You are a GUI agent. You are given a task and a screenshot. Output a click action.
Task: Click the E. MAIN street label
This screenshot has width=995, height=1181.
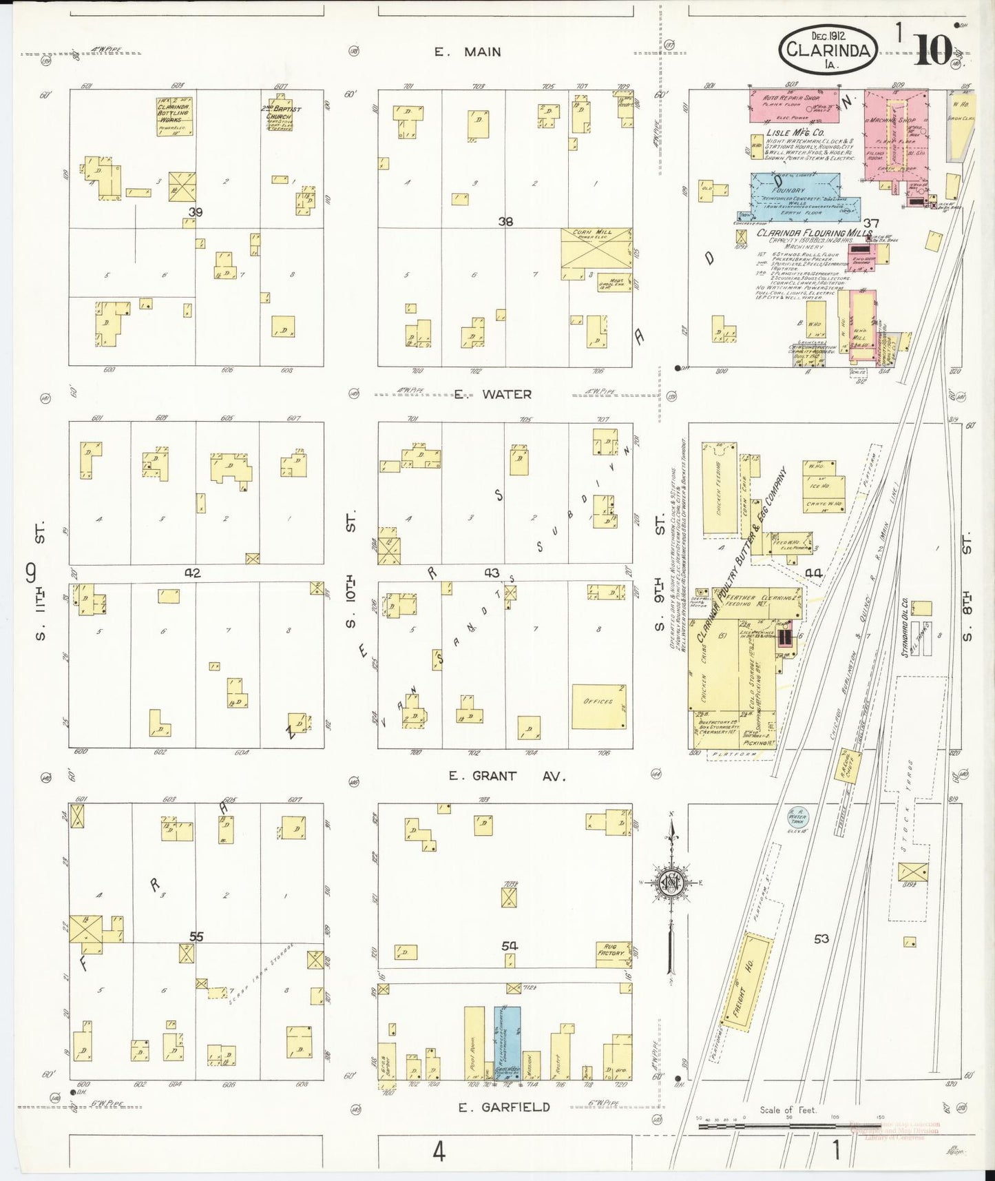pyautogui.click(x=468, y=52)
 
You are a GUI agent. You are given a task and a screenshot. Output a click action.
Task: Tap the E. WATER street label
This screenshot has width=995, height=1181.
pyautogui.click(x=492, y=394)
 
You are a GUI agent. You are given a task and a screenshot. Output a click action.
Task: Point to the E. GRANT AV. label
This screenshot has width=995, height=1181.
pyautogui.click(x=506, y=776)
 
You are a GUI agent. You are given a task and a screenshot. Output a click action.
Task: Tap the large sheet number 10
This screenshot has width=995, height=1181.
pyautogui.click(x=933, y=48)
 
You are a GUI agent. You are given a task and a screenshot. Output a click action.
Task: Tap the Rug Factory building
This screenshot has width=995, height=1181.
pyautogui.click(x=614, y=954)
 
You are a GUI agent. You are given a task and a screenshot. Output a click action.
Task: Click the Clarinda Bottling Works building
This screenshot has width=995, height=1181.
pyautogui.click(x=174, y=116)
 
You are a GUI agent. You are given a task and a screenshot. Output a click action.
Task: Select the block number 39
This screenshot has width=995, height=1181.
pyautogui.click(x=196, y=213)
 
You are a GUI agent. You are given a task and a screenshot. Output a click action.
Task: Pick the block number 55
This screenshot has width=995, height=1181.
pyautogui.click(x=196, y=936)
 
